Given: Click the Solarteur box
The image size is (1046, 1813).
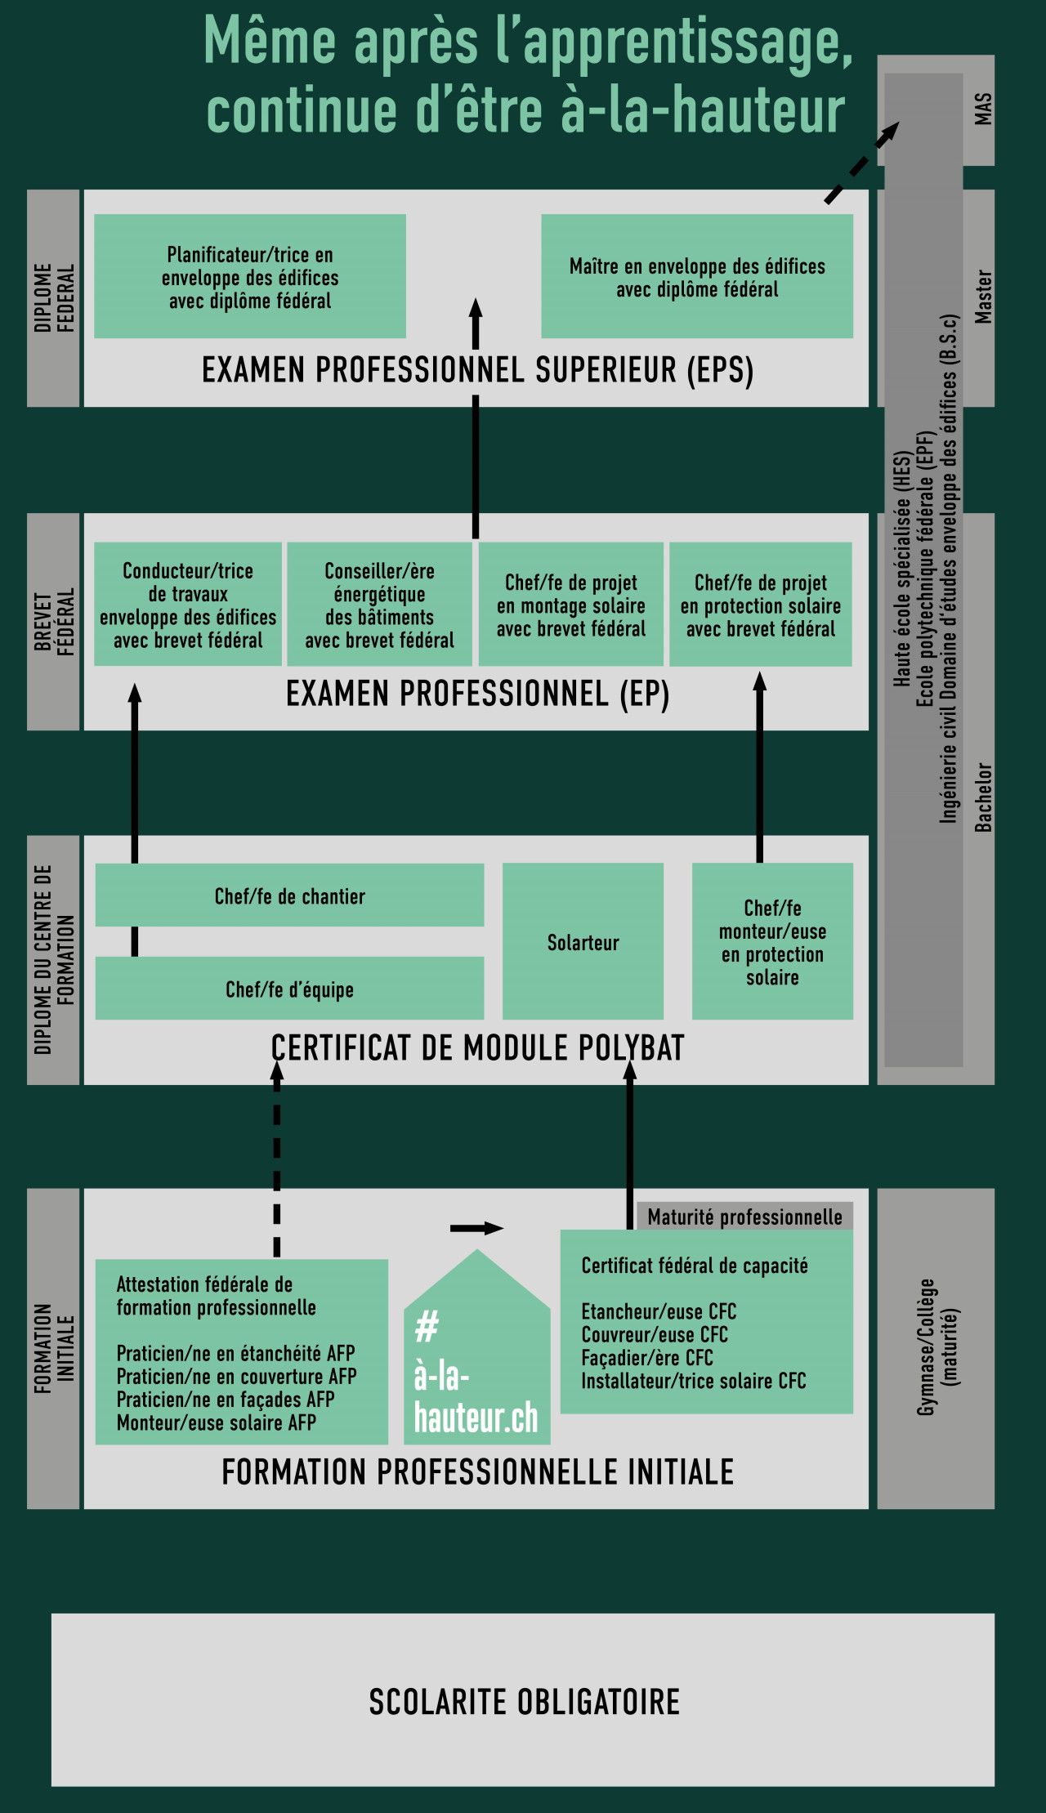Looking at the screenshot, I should tap(583, 941).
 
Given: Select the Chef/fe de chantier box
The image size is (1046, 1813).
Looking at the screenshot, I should tap(289, 895).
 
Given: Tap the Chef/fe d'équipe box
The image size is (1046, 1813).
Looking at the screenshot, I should tap(289, 989).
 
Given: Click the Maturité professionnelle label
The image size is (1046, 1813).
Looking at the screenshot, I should tap(744, 1217).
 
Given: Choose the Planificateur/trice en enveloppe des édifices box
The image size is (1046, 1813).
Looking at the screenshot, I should tap(250, 276).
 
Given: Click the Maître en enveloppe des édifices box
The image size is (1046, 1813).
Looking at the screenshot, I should tap(697, 276).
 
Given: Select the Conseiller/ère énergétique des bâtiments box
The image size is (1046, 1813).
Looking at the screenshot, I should tap(379, 605).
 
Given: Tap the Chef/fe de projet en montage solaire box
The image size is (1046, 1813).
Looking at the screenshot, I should tap(570, 605).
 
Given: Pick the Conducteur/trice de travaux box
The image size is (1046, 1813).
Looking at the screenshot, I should tap(188, 605).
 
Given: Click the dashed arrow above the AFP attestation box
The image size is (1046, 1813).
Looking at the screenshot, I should tap(277, 1160).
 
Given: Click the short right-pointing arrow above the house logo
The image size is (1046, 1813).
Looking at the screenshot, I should tap(476, 1228).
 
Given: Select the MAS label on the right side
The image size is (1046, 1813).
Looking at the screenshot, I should tap(983, 109).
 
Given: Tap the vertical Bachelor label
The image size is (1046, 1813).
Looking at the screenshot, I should tap(983, 797).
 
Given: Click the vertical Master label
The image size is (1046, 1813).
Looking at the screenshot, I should tap(983, 297).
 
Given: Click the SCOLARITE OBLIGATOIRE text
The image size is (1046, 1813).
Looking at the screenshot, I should tap(524, 1702).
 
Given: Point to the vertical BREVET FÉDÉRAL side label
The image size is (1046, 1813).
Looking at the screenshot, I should tap(54, 621).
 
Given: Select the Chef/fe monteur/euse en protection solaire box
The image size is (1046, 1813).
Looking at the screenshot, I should tap(772, 941).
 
